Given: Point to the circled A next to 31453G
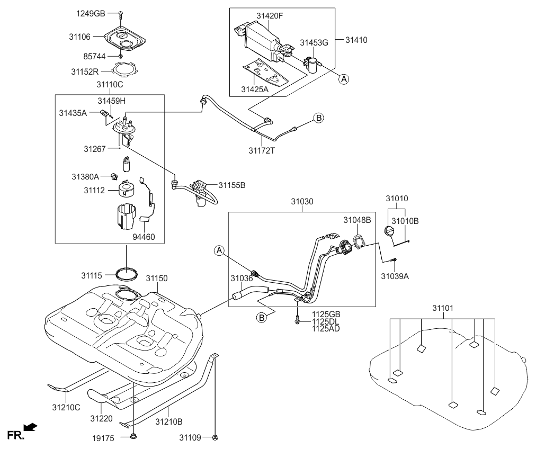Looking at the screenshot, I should click(x=344, y=79).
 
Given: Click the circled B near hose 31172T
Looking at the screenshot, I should click(x=319, y=118).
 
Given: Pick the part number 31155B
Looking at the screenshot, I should click(x=233, y=185).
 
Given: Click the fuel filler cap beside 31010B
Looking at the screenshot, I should click(x=389, y=232).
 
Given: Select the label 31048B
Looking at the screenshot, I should click(x=356, y=220).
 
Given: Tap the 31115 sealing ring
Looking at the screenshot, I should click(x=128, y=274).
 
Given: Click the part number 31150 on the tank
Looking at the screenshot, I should click(x=157, y=278).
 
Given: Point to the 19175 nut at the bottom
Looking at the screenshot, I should click(x=133, y=437).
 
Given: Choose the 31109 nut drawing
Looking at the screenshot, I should click(x=216, y=437).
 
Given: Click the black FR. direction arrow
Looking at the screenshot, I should click(x=31, y=427).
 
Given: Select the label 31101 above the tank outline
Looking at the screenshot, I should click(x=442, y=307).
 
